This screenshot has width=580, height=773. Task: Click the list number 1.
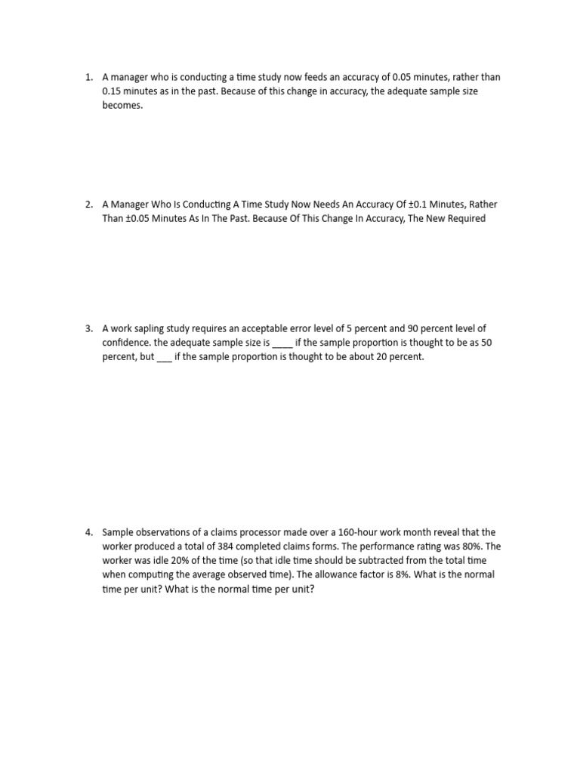coord(88,77)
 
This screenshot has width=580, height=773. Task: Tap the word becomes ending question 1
coord(122,106)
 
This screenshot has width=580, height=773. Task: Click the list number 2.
coord(88,205)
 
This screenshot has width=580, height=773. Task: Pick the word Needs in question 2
coord(311,205)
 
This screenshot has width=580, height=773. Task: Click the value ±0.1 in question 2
coord(398,205)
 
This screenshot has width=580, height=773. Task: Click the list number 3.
coord(88,328)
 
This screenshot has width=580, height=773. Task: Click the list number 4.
coord(88,532)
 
